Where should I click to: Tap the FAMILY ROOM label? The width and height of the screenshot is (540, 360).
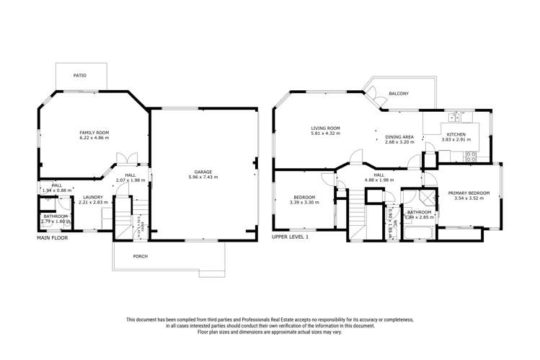(x=94, y=133)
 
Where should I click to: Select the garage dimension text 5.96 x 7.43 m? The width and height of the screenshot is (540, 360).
(x=203, y=177)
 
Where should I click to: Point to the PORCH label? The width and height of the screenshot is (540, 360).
(x=140, y=256)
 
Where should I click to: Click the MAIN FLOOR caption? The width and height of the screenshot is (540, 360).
(x=52, y=237)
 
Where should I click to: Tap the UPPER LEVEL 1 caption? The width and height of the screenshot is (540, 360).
(x=290, y=237)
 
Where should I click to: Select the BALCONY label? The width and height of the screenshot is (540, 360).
(x=399, y=94)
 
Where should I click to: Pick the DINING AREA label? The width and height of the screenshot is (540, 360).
(x=399, y=136)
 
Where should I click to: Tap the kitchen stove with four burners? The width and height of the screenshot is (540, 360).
(x=472, y=155)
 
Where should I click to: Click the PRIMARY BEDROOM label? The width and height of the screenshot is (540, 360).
(x=469, y=193)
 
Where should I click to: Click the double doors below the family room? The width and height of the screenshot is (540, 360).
(x=128, y=159)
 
